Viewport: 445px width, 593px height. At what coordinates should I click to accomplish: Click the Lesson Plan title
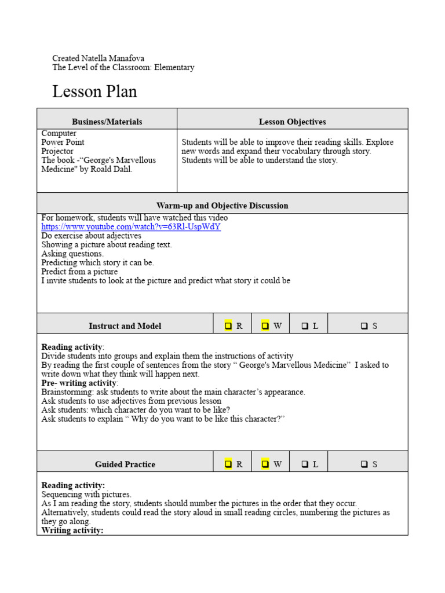click(x=94, y=92)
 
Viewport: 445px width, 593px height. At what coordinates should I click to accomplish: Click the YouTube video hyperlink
click(x=131, y=227)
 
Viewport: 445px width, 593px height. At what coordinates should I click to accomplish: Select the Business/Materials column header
click(x=107, y=122)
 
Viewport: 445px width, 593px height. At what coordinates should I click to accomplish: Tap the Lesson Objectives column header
click(x=292, y=122)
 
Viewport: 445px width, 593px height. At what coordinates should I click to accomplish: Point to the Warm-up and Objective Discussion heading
click(x=222, y=206)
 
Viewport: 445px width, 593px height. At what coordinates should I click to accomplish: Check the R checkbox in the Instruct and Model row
click(x=228, y=326)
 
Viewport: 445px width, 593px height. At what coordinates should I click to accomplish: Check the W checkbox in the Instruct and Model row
click(x=265, y=326)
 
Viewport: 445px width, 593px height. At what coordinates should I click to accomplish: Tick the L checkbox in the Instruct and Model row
click(x=305, y=326)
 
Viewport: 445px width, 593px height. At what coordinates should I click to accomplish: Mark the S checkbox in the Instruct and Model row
click(x=364, y=326)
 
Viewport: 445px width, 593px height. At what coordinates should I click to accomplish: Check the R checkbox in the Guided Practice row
click(x=228, y=464)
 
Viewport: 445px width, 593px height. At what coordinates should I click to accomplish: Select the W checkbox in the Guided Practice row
click(x=265, y=464)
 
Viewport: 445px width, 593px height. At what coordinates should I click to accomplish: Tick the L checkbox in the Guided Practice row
click(x=305, y=464)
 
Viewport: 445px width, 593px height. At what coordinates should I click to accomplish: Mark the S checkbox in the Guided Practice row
click(x=364, y=464)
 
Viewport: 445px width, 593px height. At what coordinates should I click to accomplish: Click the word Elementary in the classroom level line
click(x=174, y=67)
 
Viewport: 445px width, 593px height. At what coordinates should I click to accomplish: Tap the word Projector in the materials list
click(x=57, y=151)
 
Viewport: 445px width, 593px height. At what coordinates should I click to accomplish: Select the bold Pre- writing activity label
click(x=79, y=383)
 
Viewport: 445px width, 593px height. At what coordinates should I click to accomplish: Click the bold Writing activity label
click(x=72, y=530)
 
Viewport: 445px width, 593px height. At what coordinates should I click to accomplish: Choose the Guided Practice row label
click(x=125, y=464)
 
